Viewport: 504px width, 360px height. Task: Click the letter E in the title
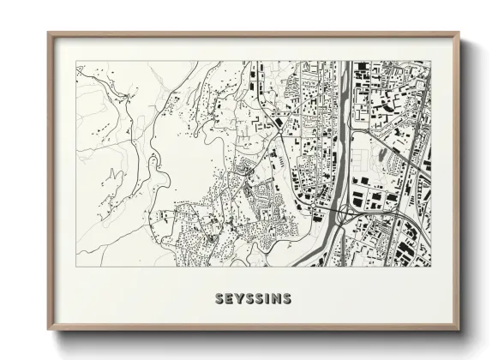tap(229, 299)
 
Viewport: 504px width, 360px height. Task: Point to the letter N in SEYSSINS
tap(276, 299)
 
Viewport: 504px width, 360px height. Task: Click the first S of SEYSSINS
tap(219, 299)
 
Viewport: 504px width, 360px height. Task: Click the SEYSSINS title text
tap(253, 299)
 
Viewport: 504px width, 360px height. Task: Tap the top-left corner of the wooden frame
tap(49, 33)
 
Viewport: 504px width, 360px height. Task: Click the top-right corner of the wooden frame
tap(459, 33)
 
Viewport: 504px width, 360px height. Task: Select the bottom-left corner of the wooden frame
tap(49, 329)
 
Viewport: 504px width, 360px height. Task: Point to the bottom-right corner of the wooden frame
tap(459, 329)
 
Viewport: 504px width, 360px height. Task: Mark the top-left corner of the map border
tap(76, 61)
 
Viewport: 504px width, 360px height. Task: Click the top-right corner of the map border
tap(431, 61)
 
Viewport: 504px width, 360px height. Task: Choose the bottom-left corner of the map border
tap(76, 266)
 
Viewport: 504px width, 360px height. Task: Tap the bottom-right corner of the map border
tap(431, 266)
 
